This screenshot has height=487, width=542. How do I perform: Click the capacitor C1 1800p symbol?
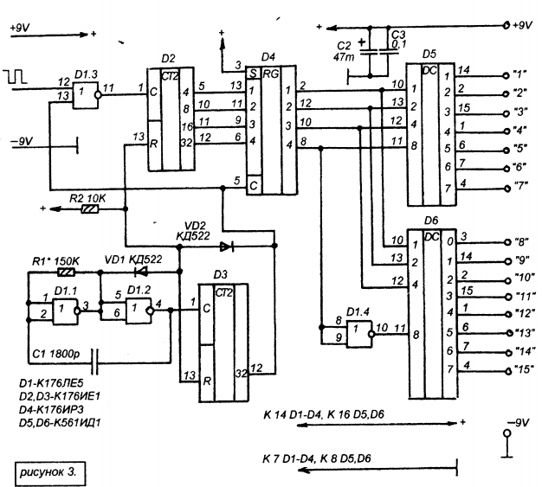point(93,355)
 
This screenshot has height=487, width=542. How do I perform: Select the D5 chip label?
point(430,54)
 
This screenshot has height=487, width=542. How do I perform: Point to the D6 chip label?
point(429,221)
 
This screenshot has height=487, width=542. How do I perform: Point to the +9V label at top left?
point(19,29)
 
